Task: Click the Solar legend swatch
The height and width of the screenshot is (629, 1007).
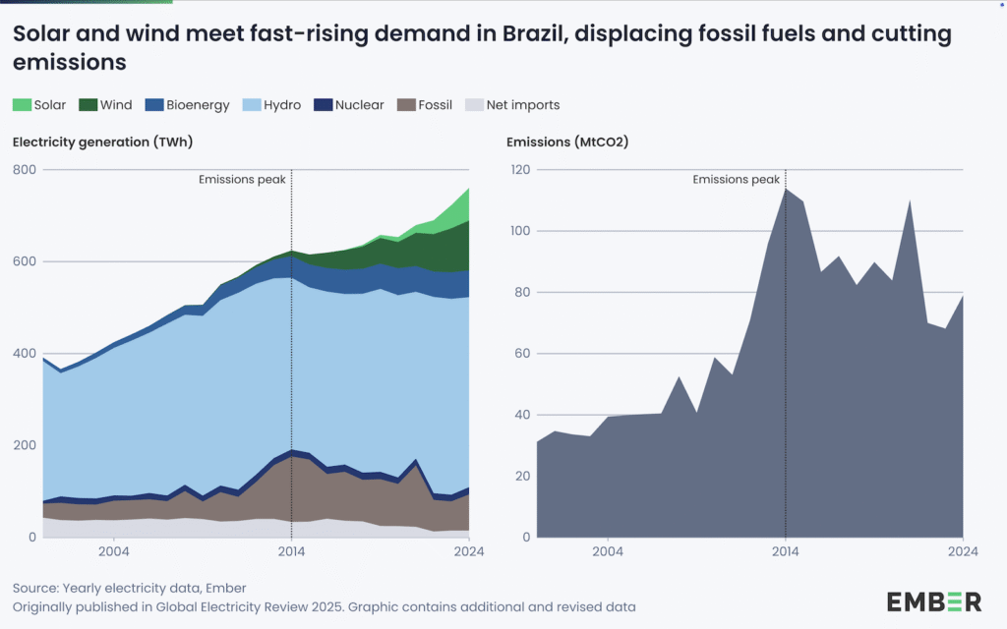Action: click(x=23, y=105)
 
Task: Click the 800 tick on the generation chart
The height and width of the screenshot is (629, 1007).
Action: click(x=24, y=170)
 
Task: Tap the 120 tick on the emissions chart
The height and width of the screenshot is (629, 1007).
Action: click(x=520, y=170)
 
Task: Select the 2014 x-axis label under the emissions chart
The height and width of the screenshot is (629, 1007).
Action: click(x=785, y=551)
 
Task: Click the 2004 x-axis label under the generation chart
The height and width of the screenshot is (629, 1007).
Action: click(x=114, y=551)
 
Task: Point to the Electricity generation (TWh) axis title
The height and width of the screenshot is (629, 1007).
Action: click(x=102, y=143)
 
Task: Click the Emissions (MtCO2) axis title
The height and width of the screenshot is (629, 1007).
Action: click(x=567, y=143)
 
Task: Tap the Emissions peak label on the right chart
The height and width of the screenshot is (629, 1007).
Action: click(x=736, y=180)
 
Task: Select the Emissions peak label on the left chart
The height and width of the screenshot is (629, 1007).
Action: click(x=242, y=180)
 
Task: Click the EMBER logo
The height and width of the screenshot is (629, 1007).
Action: click(x=933, y=601)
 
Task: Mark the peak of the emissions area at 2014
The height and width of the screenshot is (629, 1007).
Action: click(x=785, y=189)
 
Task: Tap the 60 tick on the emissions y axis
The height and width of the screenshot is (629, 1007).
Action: click(x=523, y=354)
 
